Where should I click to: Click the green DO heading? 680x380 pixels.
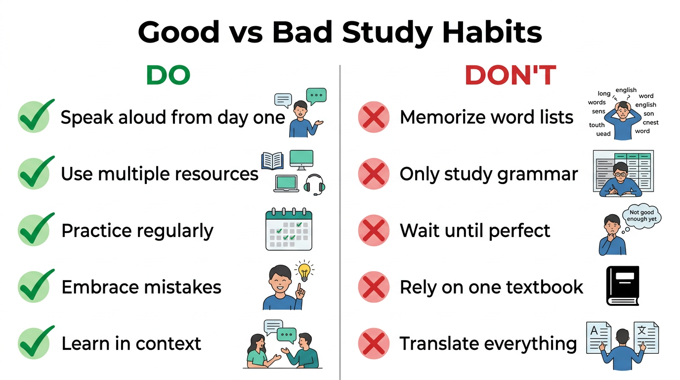[x=168, y=76]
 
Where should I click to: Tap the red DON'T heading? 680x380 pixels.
[x=510, y=76]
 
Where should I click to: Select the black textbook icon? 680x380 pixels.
[x=623, y=285]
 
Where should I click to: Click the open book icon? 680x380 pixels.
[x=272, y=161]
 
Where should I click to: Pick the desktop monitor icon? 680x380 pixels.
[x=301, y=160]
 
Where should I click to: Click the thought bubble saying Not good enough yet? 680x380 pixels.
[x=641, y=216]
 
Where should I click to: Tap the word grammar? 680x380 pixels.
[x=547, y=174]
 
